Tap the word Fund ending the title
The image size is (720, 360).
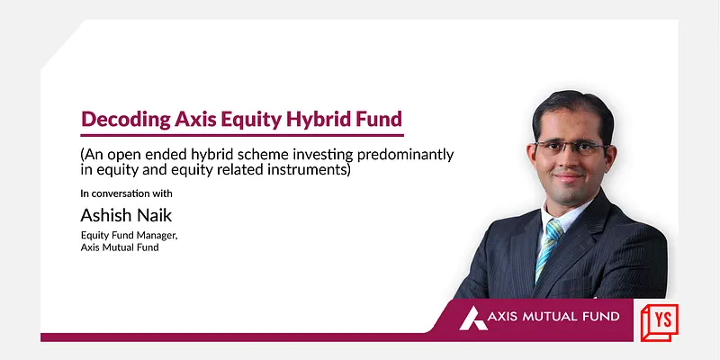coord(381,118)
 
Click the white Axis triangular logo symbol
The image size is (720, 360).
coord(474,318)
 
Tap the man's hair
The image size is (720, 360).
coord(567,106)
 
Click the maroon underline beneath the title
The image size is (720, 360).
coord(241,135)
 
